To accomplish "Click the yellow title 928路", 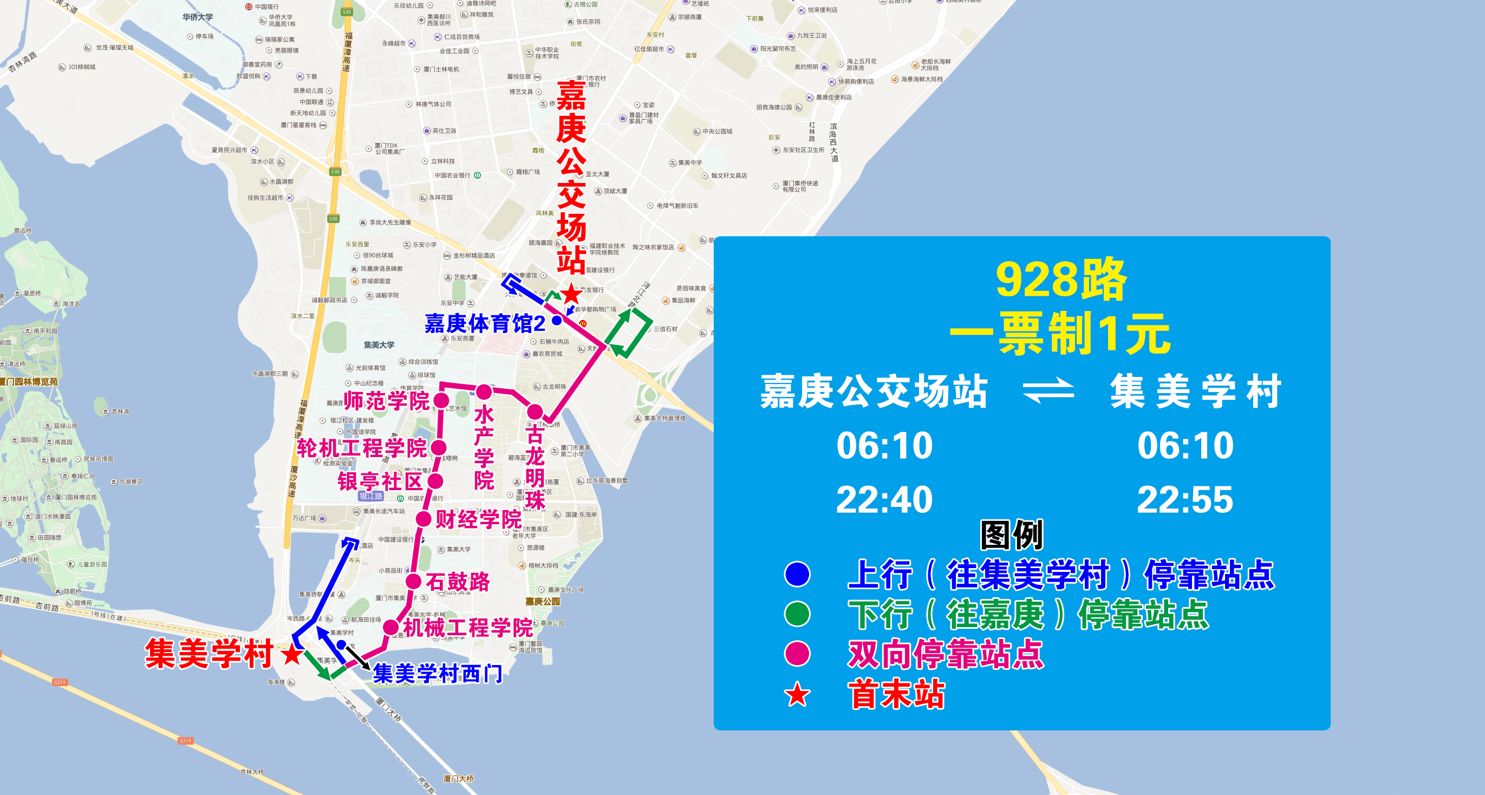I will [x=1060, y=280].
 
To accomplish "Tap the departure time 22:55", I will [x=1184, y=500].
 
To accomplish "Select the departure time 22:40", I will [x=884, y=500].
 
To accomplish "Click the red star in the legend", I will [x=797, y=695].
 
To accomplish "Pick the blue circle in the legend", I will [x=797, y=574].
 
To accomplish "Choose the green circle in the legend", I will [x=797, y=614].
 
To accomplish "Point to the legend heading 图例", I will [x=1012, y=535].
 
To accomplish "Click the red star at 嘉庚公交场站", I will [x=571, y=294].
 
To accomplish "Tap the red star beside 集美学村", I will [x=292, y=654].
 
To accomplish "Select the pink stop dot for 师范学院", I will [x=441, y=401].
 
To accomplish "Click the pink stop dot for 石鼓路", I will [x=413, y=581].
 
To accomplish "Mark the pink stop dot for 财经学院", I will [x=424, y=519].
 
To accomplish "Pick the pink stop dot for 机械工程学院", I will [x=391, y=627].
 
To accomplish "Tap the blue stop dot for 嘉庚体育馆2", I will [x=557, y=321].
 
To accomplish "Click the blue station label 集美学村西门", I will [x=438, y=673].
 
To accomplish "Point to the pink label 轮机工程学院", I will [x=361, y=448].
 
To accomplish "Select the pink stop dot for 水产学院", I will [x=484, y=393].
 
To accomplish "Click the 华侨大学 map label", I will [x=198, y=17].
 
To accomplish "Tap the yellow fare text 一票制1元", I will [x=1060, y=334].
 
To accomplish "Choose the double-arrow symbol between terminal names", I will [x=1048, y=392].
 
